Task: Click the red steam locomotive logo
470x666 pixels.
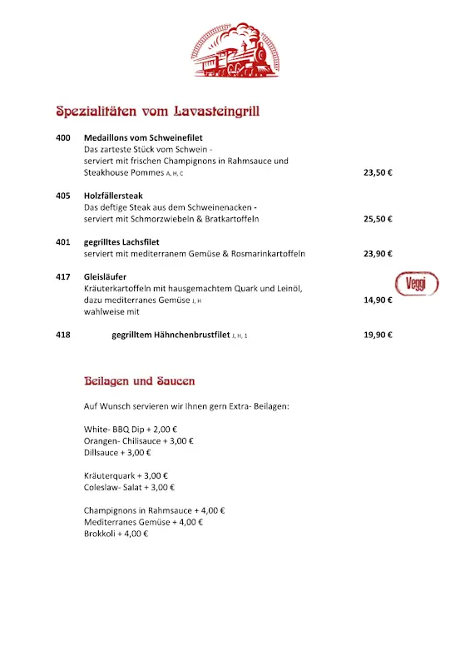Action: pyautogui.click(x=235, y=52)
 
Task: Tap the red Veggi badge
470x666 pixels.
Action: pyautogui.click(x=417, y=284)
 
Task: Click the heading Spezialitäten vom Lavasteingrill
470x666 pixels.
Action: pyautogui.click(x=158, y=111)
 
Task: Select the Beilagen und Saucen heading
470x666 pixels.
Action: pyautogui.click(x=140, y=381)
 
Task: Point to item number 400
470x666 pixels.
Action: pyautogui.click(x=63, y=137)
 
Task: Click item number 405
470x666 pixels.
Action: pyautogui.click(x=63, y=196)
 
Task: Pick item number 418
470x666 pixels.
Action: pyautogui.click(x=63, y=335)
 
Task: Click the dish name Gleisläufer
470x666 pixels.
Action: pyautogui.click(x=105, y=276)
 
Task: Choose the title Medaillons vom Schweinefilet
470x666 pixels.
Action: pyautogui.click(x=143, y=137)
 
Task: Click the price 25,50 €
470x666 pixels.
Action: pyautogui.click(x=378, y=219)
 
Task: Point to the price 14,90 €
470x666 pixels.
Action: pyautogui.click(x=378, y=300)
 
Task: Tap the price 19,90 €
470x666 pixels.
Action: pyautogui.click(x=378, y=335)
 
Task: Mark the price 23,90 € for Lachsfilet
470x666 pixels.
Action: pyautogui.click(x=378, y=254)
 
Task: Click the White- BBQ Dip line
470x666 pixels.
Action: pyautogui.click(x=126, y=430)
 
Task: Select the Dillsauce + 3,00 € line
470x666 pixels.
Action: pyautogui.click(x=117, y=453)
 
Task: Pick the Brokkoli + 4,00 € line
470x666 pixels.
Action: pyautogui.click(x=116, y=534)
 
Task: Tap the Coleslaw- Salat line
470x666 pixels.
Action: pyautogui.click(x=129, y=488)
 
